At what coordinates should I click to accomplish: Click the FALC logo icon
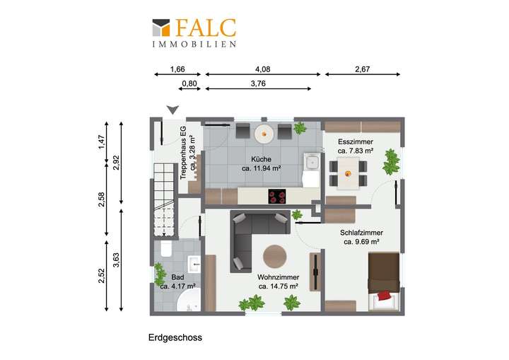coord(162,27)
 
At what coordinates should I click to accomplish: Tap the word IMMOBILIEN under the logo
coord(194,44)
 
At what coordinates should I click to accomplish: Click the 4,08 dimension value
coord(262,69)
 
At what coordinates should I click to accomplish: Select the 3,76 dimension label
coord(259,83)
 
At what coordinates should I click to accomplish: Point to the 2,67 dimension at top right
coord(362,69)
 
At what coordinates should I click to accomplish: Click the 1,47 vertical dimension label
coord(101,143)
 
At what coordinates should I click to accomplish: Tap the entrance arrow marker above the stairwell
coord(172,110)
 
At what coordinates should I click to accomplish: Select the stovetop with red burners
coord(277,197)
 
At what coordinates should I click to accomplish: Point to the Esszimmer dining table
coord(348,170)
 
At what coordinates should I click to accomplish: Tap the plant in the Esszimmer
coord(390,161)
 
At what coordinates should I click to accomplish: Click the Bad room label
coord(177,277)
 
